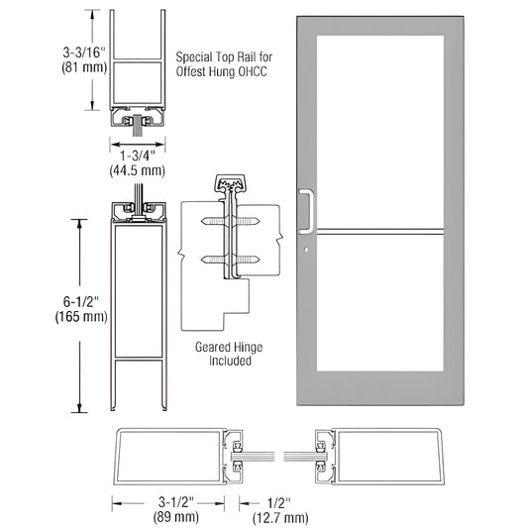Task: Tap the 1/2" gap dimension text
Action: point(280,501)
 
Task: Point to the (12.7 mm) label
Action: point(280,517)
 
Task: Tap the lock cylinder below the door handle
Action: point(306,250)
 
